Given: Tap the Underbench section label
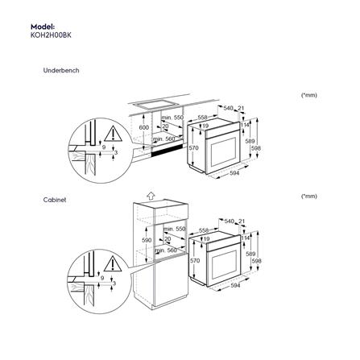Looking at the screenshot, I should coord(60,71).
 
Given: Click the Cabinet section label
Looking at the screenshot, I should coord(54,196).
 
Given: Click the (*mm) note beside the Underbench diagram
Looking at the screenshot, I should coord(308,94).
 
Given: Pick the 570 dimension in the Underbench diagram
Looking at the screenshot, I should coord(193,148).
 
